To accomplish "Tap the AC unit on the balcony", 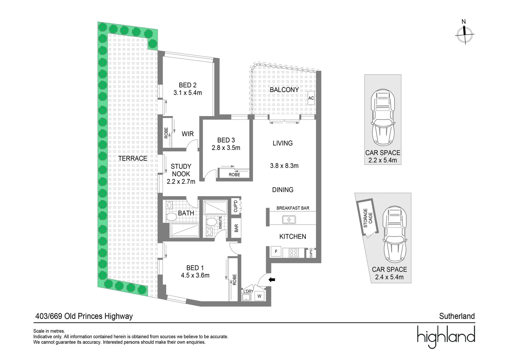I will [x=311, y=98].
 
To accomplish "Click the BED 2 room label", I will [x=188, y=85].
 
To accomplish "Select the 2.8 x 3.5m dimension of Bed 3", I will [x=226, y=148].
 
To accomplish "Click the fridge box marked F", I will [x=276, y=252].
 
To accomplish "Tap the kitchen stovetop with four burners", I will [x=293, y=252].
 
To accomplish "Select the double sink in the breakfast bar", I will [x=288, y=220].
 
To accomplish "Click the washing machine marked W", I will [x=259, y=295].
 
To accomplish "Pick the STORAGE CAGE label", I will [x=368, y=218].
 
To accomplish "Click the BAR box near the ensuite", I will [x=236, y=228].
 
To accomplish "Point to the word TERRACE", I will [x=133, y=159].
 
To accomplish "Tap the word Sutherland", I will [x=457, y=316].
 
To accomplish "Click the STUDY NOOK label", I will [x=181, y=170].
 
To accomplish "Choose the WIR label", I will [x=188, y=134].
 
